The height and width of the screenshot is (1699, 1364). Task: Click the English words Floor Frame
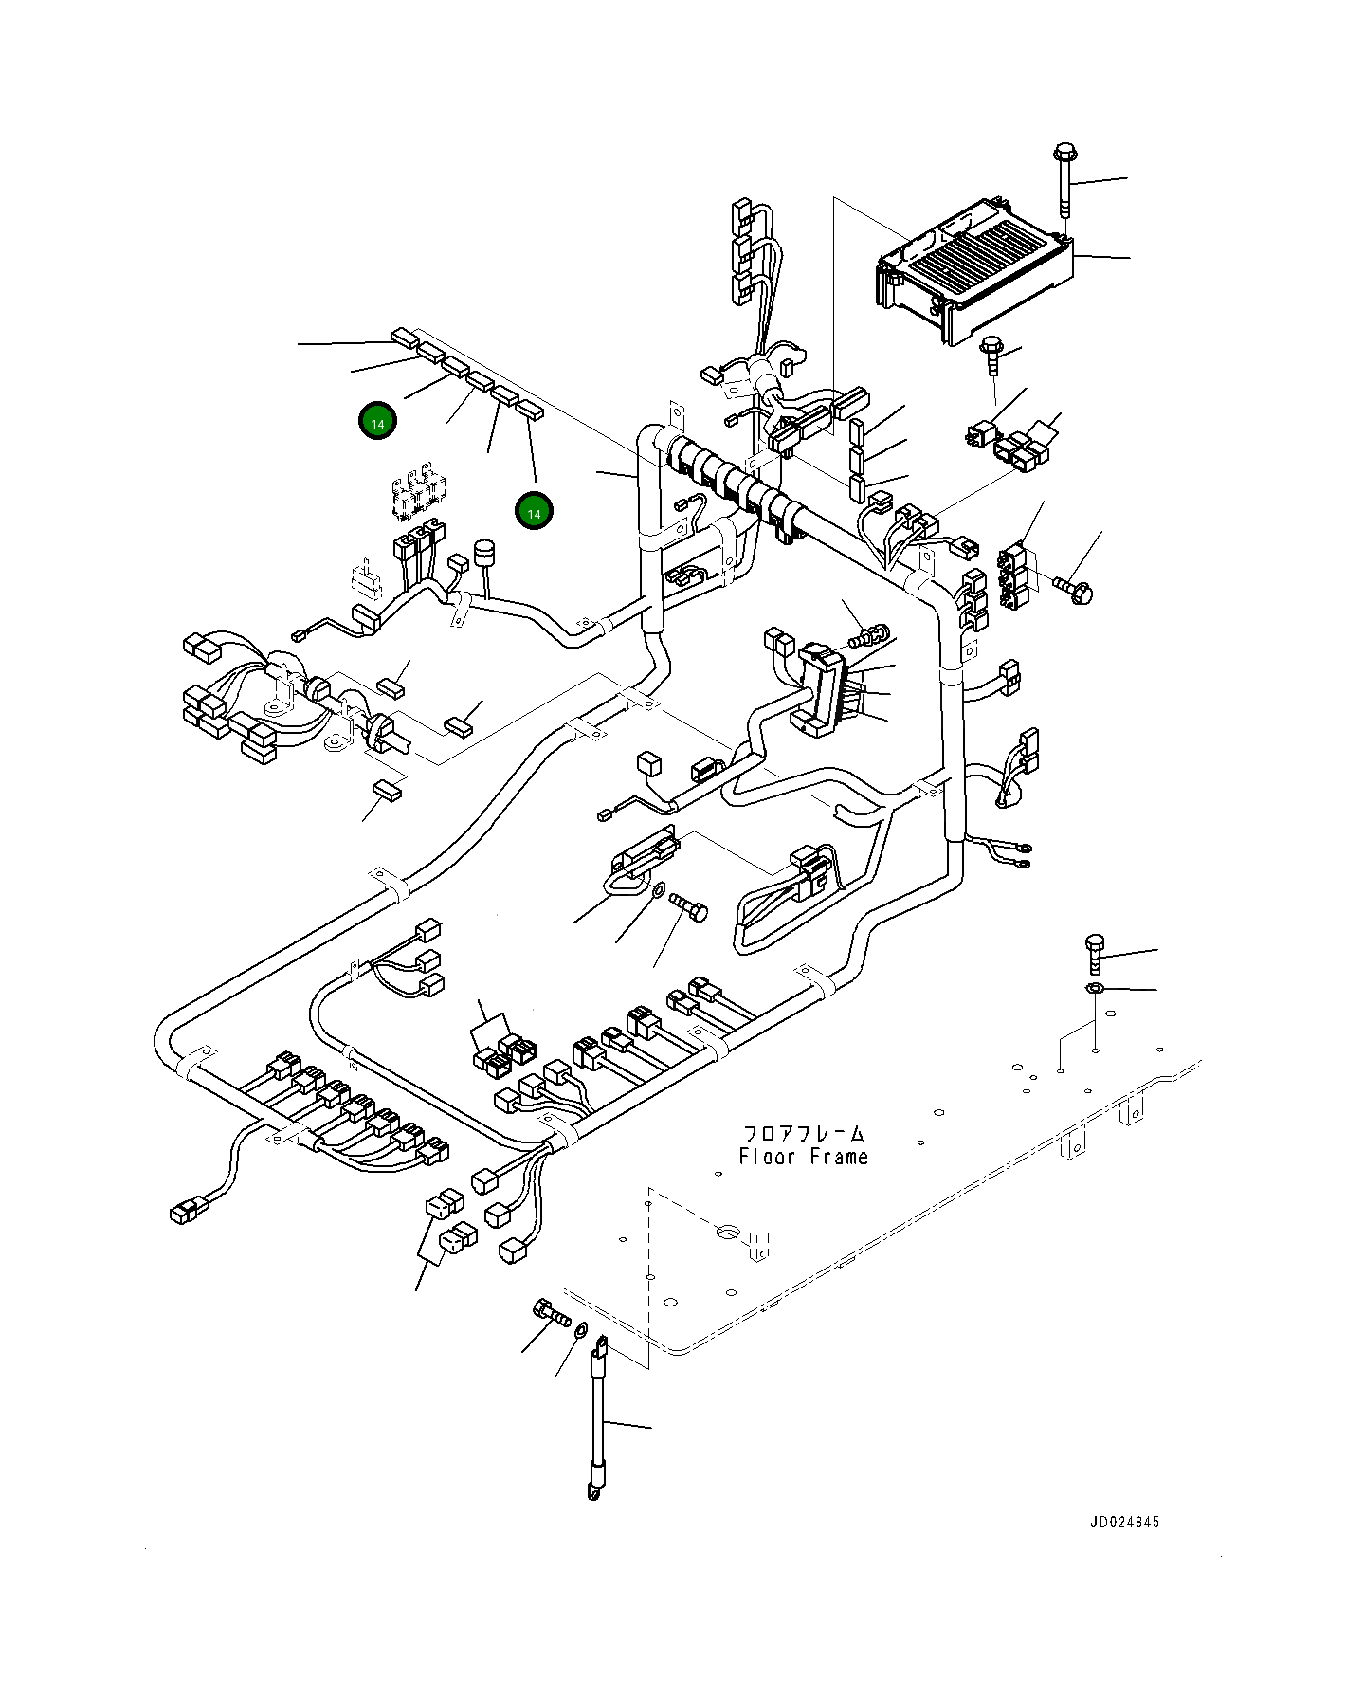pyautogui.click(x=803, y=1157)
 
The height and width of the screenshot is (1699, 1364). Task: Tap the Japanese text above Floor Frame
pyautogui.click(x=803, y=1133)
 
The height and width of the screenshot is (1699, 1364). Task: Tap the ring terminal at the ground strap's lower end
pyautogui.click(x=593, y=1495)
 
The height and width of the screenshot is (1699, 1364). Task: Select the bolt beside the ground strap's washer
pyautogui.click(x=550, y=1314)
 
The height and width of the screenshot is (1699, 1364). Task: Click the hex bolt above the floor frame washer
pyautogui.click(x=1093, y=953)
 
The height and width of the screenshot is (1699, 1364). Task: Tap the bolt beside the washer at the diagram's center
pyautogui.click(x=689, y=904)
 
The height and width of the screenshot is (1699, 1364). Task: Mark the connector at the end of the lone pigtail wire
pyautogui.click(x=183, y=1209)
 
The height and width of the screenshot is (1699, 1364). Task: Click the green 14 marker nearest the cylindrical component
pyautogui.click(x=535, y=512)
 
